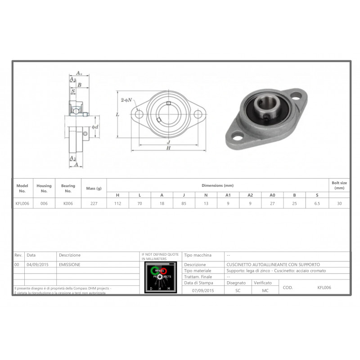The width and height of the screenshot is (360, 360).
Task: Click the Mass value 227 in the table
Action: (94, 203)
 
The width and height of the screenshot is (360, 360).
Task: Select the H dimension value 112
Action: (118, 203)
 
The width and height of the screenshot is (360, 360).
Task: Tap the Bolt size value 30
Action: (340, 203)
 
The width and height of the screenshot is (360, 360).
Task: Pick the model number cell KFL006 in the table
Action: (22, 203)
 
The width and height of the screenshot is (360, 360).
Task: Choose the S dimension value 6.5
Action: (317, 203)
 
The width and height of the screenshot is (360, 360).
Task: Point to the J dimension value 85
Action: (184, 203)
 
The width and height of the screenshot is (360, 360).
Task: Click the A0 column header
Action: (272, 195)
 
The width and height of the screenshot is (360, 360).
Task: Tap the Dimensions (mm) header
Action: (217, 185)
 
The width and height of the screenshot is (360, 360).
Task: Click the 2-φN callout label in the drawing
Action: (126, 100)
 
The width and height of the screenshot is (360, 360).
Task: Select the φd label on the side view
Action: (95, 127)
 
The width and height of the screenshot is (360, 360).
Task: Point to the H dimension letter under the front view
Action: (168, 148)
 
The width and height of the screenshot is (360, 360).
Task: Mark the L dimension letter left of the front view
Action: (117, 115)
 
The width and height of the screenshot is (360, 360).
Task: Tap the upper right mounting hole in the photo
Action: (296, 95)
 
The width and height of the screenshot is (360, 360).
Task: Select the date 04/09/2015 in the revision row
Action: (37, 265)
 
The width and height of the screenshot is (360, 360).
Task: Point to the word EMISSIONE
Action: (70, 265)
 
